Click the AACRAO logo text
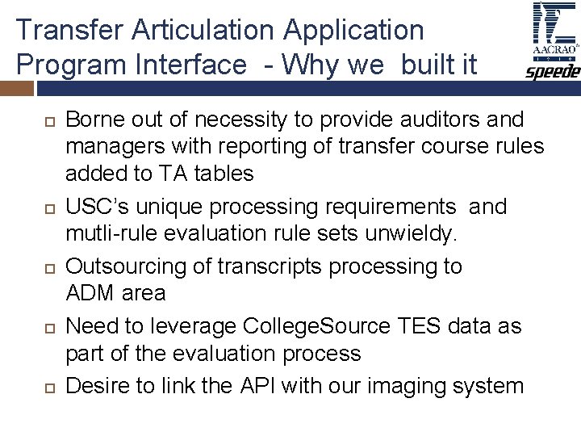(x=553, y=48)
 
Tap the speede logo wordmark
(x=553, y=73)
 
